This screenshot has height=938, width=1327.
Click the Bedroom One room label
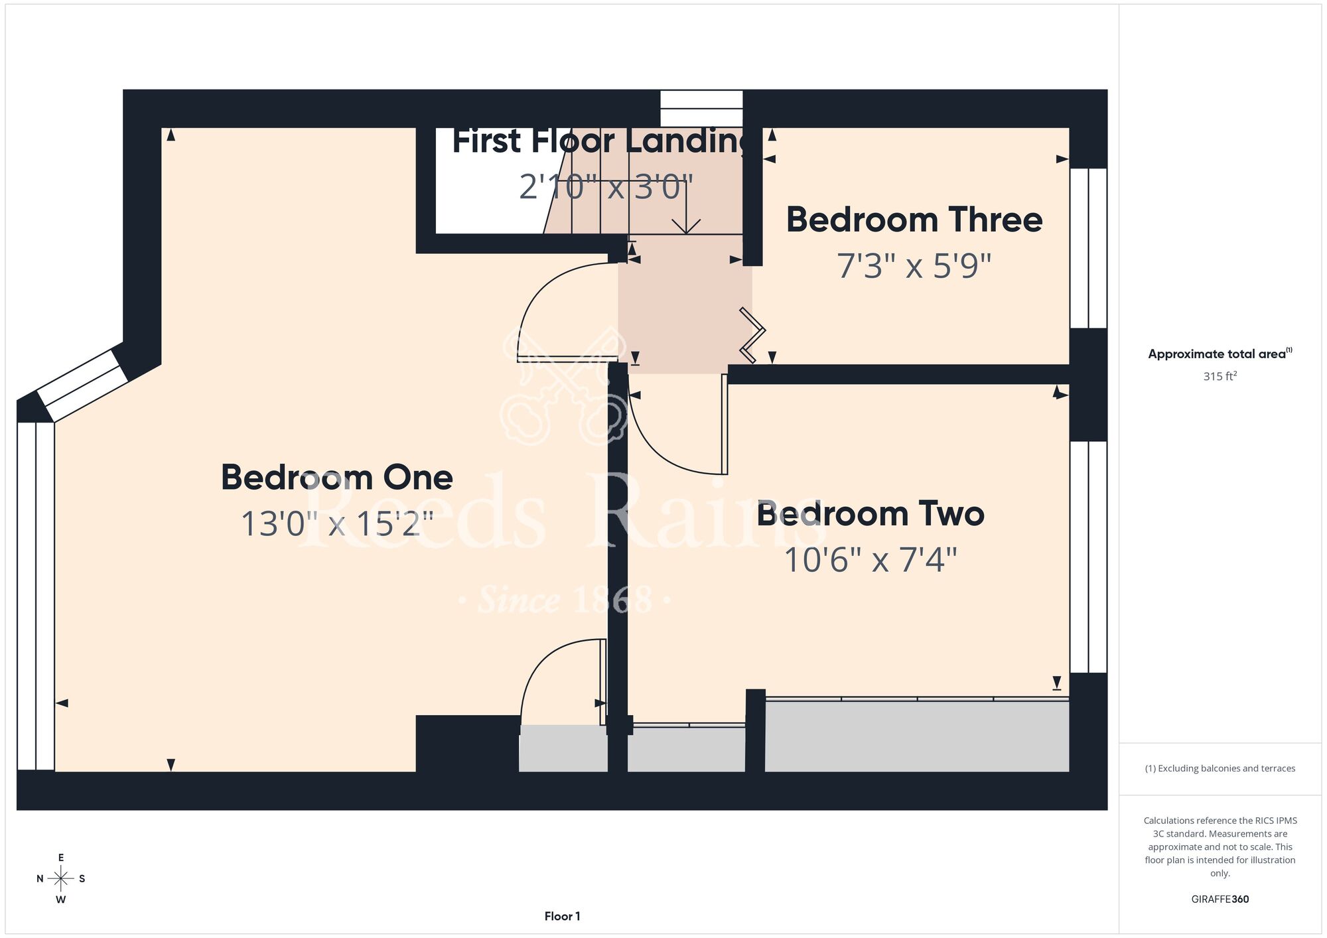[337, 478]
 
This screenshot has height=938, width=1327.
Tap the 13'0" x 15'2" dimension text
[337, 523]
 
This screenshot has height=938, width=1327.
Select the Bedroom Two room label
[871, 514]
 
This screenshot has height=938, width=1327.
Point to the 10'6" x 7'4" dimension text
[871, 560]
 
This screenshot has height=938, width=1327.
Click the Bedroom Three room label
[914, 220]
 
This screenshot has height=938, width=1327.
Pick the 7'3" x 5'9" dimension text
[914, 266]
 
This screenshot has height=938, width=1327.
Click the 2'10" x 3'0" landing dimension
[606, 186]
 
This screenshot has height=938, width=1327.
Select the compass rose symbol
[60, 879]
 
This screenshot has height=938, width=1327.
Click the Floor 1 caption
[562, 916]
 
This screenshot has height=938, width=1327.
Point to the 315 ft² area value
[1220, 376]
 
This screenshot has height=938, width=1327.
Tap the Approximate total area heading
[1220, 354]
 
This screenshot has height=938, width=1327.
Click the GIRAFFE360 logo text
[1220, 900]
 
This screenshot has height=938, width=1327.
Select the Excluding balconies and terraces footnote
[1220, 768]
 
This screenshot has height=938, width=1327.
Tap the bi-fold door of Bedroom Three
[753, 335]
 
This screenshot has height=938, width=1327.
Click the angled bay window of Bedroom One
[82, 385]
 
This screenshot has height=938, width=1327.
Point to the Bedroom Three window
[1088, 248]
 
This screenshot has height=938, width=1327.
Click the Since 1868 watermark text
[565, 600]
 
